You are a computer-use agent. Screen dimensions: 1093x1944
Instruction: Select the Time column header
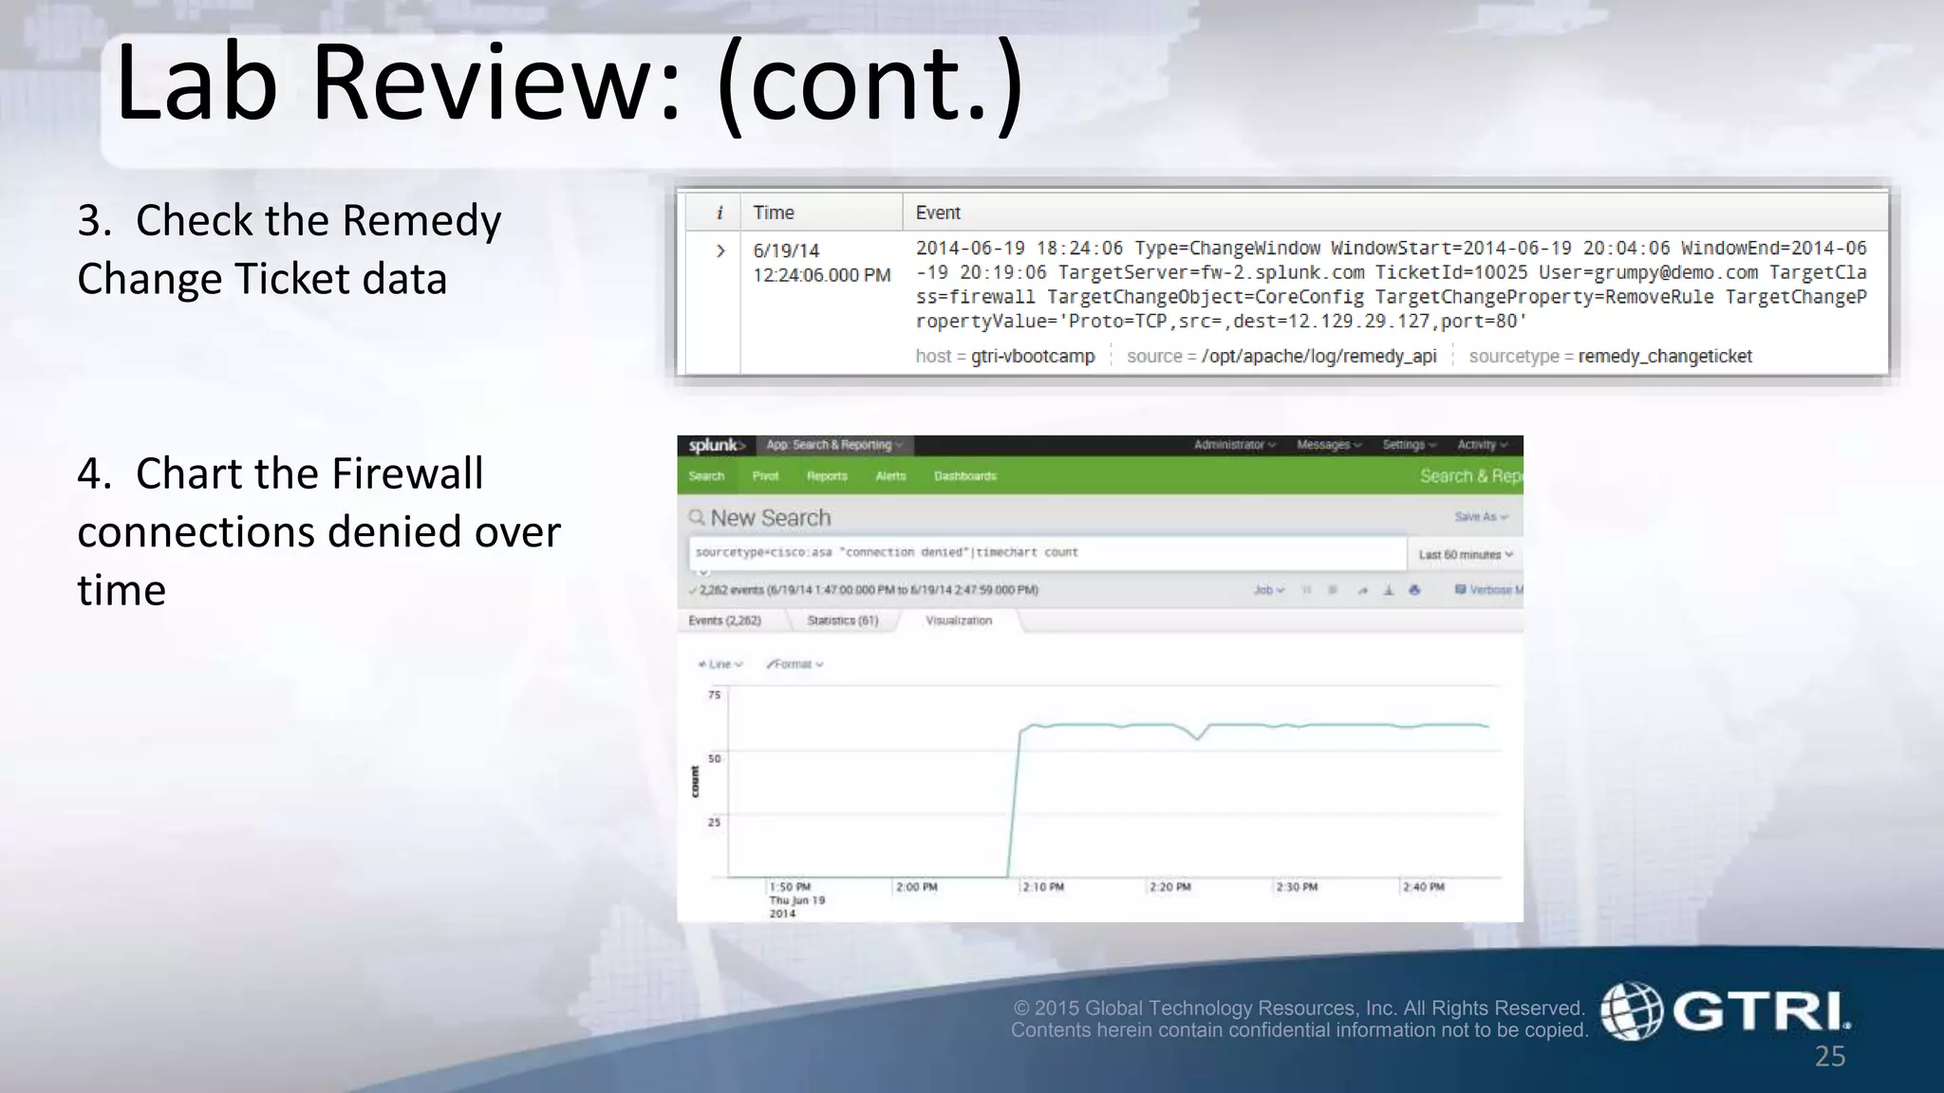point(774,213)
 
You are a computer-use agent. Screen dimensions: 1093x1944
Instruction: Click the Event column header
point(938,213)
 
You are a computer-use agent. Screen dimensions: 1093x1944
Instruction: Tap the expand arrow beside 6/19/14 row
point(720,250)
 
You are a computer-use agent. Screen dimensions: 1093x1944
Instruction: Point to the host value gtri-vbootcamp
point(1033,356)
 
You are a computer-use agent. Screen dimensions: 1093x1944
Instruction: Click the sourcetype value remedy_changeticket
point(1665,356)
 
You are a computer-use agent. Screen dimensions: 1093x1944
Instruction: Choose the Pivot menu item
point(765,476)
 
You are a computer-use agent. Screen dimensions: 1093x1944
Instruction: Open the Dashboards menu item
point(964,476)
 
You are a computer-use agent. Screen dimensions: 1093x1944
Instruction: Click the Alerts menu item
point(890,476)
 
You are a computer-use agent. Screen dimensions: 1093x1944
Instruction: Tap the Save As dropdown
point(1480,517)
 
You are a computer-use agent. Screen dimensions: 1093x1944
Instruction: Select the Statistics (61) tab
point(842,621)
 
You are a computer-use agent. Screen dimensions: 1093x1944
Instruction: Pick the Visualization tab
point(959,621)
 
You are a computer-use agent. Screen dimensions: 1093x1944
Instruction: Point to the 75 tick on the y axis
point(714,695)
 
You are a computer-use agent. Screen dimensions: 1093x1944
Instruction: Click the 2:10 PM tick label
point(1043,887)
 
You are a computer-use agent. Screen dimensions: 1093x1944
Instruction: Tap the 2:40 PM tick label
point(1424,887)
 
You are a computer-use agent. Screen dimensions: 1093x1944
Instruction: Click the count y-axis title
point(695,782)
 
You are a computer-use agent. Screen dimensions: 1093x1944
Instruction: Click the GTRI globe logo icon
point(1632,1011)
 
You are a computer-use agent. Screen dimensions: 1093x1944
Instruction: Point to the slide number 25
point(1830,1056)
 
